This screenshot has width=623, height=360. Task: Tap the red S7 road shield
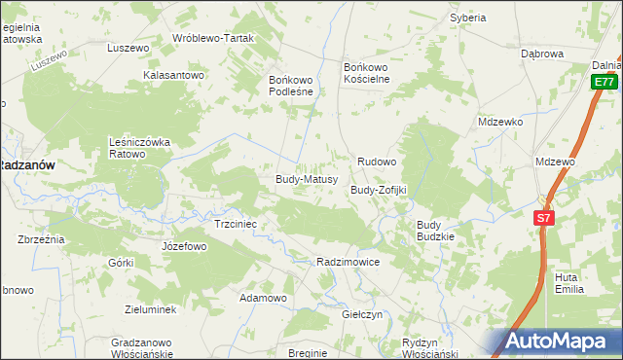tap(544, 219)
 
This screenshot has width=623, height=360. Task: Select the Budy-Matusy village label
tap(307, 180)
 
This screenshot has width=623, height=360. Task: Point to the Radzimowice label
tap(348, 263)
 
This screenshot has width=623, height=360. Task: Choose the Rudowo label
tap(377, 162)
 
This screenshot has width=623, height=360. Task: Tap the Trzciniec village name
tap(235, 224)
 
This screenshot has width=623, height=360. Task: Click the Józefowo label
tap(184, 247)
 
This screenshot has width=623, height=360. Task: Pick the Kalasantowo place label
tap(172, 75)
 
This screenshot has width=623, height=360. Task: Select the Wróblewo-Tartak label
tap(212, 38)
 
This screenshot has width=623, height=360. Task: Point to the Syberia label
tap(467, 18)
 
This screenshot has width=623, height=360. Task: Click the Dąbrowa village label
tap(542, 54)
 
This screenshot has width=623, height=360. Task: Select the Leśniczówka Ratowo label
tap(139, 148)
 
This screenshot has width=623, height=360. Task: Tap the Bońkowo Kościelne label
tap(367, 73)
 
